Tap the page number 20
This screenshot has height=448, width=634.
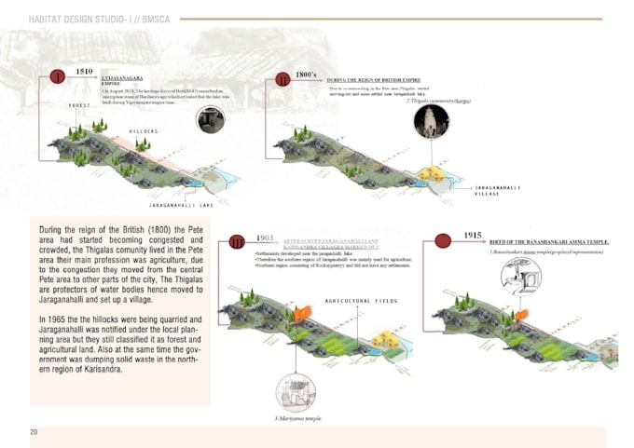(34, 432)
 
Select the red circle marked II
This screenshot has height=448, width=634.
(283, 80)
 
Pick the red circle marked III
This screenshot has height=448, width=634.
(238, 244)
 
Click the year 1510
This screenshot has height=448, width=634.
(84, 71)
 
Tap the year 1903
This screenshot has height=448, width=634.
(264, 238)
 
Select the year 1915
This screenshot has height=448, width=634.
(473, 237)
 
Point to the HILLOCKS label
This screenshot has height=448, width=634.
(143, 131)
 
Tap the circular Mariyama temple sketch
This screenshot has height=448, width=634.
(294, 389)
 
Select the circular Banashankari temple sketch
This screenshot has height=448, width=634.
(520, 276)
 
